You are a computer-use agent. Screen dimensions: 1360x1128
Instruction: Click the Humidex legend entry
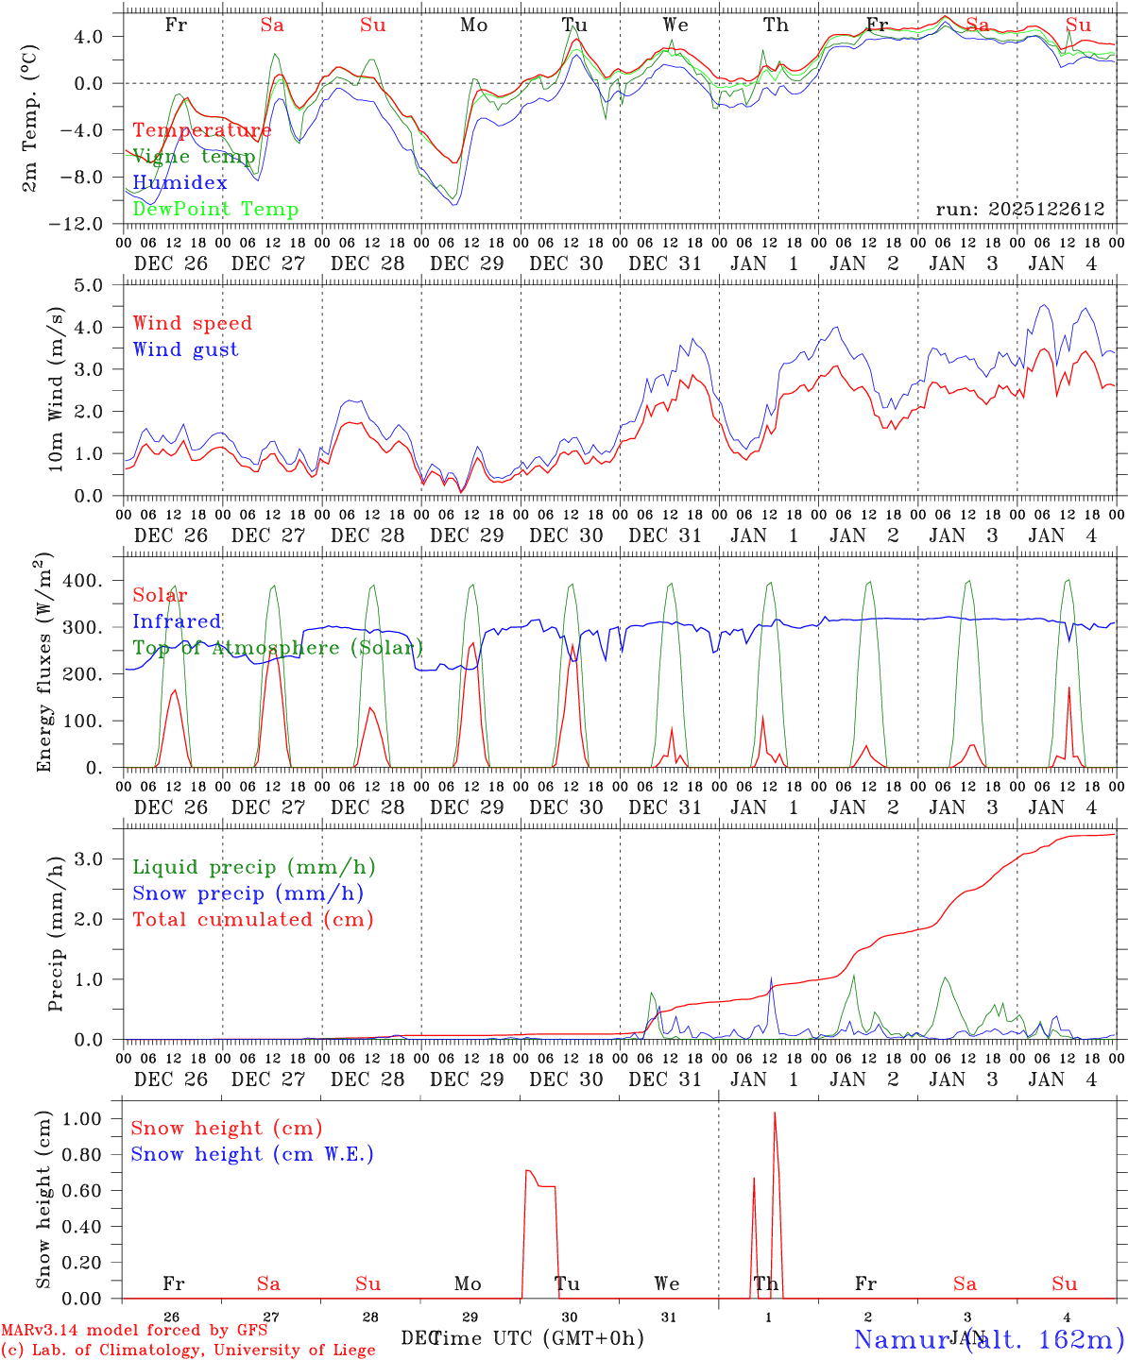(x=179, y=183)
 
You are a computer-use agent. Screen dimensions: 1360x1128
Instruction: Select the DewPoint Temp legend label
(x=215, y=210)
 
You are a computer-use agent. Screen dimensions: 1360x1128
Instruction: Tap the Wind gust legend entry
(x=185, y=349)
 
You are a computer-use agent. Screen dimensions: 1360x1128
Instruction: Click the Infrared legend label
(x=177, y=621)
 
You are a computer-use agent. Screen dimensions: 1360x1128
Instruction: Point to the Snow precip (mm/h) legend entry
(x=248, y=893)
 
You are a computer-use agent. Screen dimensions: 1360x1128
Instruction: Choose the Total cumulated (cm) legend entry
(x=252, y=920)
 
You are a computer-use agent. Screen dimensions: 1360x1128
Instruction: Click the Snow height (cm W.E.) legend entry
(x=251, y=1154)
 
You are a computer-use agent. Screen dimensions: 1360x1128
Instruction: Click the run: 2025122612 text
(x=1019, y=210)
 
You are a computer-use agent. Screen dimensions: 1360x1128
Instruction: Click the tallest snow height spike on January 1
(x=775, y=1113)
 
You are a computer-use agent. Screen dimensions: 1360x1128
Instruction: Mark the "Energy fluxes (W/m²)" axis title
(x=45, y=664)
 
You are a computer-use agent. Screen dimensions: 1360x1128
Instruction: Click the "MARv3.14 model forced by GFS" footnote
(x=134, y=1331)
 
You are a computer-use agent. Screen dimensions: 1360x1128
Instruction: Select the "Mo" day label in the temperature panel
(x=473, y=25)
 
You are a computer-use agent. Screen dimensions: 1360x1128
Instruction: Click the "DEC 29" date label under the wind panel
(x=467, y=535)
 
